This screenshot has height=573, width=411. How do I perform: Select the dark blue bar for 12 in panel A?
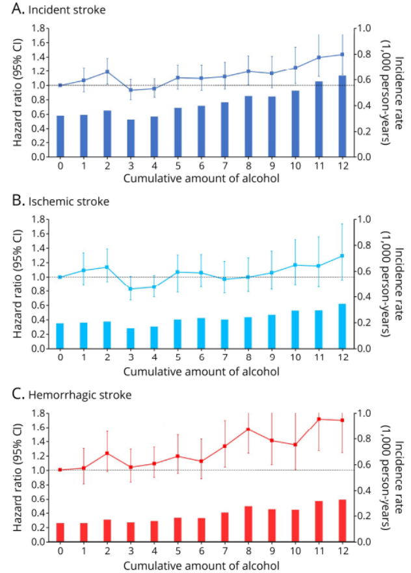point(342,116)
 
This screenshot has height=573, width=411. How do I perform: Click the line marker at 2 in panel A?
point(107,72)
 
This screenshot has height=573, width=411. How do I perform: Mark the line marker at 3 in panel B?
point(131,288)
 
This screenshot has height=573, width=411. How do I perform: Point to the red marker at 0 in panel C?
point(60,469)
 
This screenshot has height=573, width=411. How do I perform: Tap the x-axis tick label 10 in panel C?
point(295,551)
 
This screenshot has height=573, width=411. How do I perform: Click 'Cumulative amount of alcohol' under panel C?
point(201,565)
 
